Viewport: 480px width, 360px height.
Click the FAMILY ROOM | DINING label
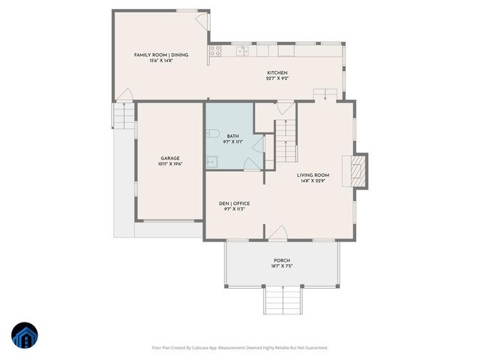(x=160, y=55)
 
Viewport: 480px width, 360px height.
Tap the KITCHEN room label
(x=277, y=73)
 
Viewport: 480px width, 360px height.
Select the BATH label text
(x=233, y=136)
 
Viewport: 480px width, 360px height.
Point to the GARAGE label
(x=170, y=158)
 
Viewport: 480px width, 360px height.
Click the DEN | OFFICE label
(x=235, y=203)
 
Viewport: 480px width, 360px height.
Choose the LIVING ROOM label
(x=313, y=175)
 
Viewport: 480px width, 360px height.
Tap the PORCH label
(x=282, y=260)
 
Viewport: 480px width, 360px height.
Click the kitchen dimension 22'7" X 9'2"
(x=277, y=78)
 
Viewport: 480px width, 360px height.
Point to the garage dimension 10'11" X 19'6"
(x=170, y=163)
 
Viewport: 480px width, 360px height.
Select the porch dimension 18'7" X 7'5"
(x=282, y=265)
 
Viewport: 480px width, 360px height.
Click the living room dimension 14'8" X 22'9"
(x=313, y=180)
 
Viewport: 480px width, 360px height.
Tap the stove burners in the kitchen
(x=215, y=51)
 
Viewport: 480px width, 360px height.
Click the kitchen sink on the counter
(x=241, y=51)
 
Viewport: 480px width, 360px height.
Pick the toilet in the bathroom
(x=211, y=135)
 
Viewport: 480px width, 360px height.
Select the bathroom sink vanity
(x=211, y=160)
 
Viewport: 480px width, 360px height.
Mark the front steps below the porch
(x=282, y=301)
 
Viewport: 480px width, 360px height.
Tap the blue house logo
(x=24, y=335)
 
